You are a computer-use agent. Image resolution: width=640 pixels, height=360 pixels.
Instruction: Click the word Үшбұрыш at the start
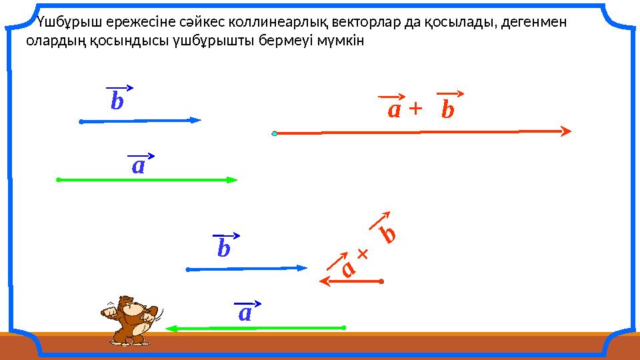click(63, 23)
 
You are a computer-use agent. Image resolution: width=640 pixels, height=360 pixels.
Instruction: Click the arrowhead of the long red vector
click(567, 131)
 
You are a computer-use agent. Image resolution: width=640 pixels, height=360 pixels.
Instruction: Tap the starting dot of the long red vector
click(275, 133)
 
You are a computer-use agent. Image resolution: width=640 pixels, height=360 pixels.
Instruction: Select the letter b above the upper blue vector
click(117, 102)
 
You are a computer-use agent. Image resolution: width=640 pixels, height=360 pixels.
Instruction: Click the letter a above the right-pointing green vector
click(138, 165)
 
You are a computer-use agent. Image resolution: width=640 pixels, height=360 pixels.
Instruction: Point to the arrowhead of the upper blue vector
click(196, 121)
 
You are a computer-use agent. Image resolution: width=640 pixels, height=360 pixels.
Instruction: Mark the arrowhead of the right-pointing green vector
click(233, 179)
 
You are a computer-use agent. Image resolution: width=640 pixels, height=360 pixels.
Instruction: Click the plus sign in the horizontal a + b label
click(415, 109)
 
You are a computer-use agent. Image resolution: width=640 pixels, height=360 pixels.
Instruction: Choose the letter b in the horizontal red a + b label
click(448, 110)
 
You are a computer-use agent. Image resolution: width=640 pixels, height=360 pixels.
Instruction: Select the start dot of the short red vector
click(381, 281)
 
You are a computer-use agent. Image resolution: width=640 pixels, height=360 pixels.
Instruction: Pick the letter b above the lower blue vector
click(224, 249)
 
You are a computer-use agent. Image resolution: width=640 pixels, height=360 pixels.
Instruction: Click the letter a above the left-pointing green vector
click(245, 313)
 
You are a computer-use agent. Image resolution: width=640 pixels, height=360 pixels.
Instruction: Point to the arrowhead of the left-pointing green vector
click(169, 328)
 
